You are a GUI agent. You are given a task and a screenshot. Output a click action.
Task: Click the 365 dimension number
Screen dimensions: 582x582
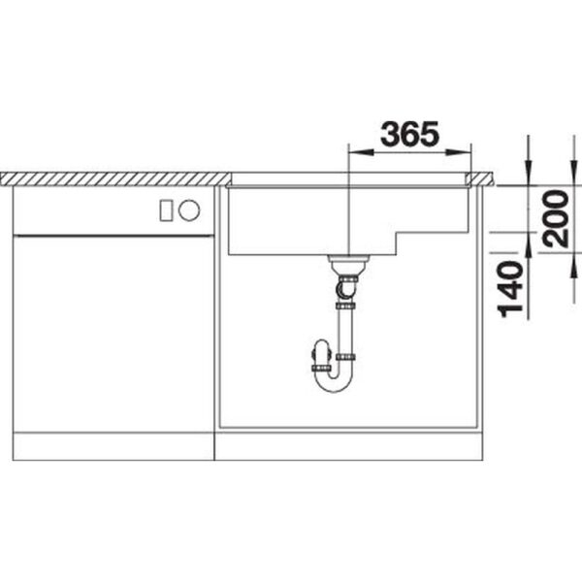[409, 133]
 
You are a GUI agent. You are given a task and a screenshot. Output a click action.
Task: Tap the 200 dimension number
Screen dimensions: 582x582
[555, 218]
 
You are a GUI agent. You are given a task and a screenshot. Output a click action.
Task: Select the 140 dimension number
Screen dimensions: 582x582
[510, 289]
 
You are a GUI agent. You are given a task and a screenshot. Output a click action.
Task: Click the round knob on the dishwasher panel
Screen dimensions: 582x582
[189, 210]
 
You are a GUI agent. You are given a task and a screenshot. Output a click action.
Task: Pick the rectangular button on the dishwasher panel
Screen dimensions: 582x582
[166, 210]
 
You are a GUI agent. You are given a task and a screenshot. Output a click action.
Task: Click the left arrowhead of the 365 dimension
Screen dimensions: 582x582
[361, 152]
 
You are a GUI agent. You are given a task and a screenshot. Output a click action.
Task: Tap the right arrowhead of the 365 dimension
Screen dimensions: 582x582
[459, 152]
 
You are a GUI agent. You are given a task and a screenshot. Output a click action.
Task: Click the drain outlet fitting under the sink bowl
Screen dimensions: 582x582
[348, 264]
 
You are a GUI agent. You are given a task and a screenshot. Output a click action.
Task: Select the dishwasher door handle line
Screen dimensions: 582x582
[113, 236]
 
